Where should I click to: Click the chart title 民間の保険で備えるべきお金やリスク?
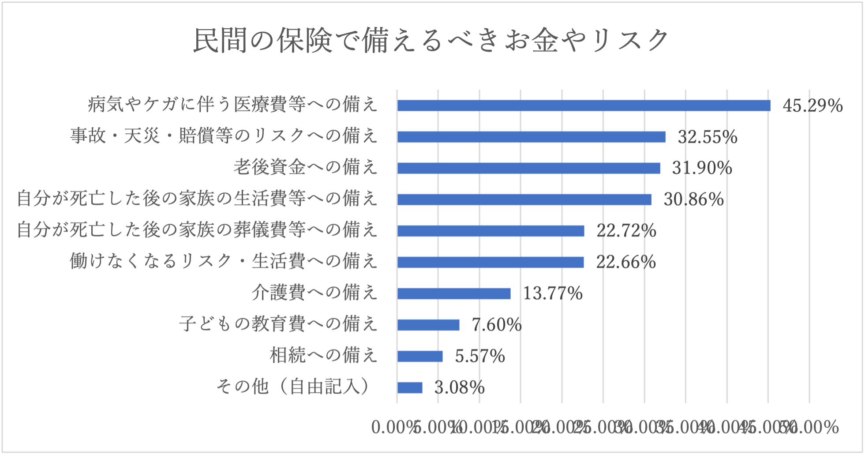click(431, 40)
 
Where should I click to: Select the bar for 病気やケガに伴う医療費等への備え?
click(584, 105)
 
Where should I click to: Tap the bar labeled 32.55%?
click(531, 137)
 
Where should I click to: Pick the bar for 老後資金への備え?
click(528, 168)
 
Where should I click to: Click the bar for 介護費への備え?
click(454, 293)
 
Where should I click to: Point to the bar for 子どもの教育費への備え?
click(428, 325)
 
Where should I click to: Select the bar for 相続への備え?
click(420, 356)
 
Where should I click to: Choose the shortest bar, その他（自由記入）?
click(410, 387)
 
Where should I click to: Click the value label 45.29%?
click(813, 106)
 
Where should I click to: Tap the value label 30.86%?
click(693, 199)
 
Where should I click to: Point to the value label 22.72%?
click(626, 231)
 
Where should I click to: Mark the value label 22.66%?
click(626, 262)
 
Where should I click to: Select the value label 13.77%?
click(553, 293)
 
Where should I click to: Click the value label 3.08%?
click(459, 387)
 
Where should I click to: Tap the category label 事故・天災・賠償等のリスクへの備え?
click(224, 135)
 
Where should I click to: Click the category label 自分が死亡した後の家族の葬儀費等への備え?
click(197, 230)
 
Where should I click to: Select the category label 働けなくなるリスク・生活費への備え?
click(224, 261)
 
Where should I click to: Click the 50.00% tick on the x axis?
click(813, 427)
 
